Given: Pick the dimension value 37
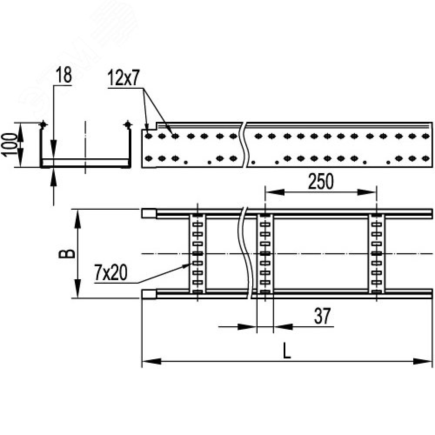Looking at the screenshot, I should (x=322, y=317).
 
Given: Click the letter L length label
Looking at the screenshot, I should (x=286, y=351).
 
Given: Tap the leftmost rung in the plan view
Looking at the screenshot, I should (x=197, y=254).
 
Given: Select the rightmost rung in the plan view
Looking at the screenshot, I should (x=377, y=254).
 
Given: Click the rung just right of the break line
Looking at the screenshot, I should (x=264, y=254).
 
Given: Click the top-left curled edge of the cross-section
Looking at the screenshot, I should (x=43, y=125).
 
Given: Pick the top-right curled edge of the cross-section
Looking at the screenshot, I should (x=127, y=125).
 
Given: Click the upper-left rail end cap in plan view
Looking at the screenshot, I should (x=149, y=213).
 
